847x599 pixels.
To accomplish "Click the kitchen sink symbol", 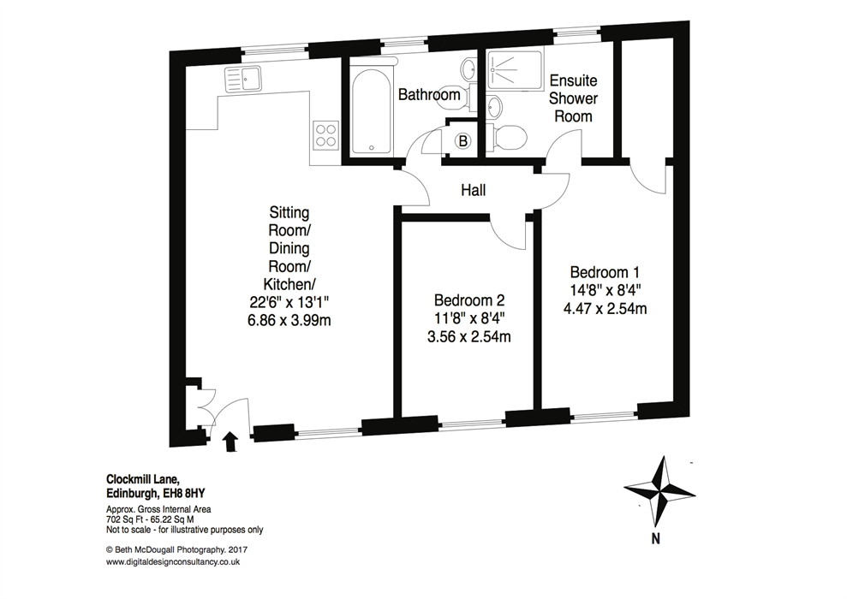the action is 243,80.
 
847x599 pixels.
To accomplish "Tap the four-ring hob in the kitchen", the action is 326,135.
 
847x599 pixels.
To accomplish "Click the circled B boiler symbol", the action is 463,141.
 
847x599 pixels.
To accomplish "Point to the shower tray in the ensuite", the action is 514,70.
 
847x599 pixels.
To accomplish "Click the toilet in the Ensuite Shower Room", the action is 507,136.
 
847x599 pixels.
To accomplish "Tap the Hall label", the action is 474,190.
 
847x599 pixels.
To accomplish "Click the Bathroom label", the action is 429,94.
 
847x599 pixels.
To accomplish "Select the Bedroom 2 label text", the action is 469,300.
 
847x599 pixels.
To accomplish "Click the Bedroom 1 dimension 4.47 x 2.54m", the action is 605,309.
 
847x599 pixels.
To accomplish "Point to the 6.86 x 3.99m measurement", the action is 289,320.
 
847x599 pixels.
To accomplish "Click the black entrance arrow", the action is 230,441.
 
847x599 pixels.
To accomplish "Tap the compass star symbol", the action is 659,491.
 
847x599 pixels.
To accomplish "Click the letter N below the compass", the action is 655,538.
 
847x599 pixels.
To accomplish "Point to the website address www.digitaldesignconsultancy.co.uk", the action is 173,561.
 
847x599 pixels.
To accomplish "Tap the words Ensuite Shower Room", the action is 574,98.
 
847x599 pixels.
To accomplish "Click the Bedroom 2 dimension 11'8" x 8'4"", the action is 469,318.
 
